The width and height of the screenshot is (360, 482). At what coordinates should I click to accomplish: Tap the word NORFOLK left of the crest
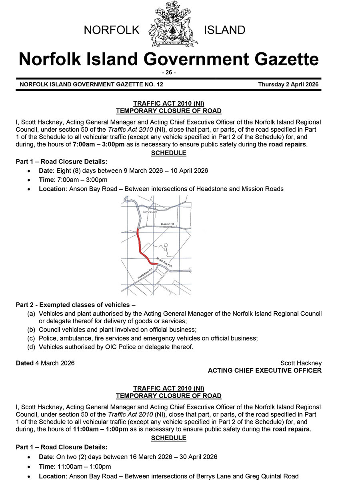pyautogui.click(x=111, y=30)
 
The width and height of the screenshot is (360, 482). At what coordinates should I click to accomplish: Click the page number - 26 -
pyautogui.click(x=168, y=72)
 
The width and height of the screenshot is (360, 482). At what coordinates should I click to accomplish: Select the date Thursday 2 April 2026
pyautogui.click(x=288, y=84)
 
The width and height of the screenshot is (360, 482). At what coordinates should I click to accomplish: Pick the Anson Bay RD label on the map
pyautogui.click(x=164, y=262)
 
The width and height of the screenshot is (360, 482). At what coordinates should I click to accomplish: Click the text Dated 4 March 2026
pyautogui.click(x=45, y=363)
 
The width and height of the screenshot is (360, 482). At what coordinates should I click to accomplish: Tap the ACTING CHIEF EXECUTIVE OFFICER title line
pyautogui.click(x=264, y=371)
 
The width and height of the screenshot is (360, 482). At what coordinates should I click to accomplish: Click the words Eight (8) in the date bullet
pyautogui.click(x=69, y=170)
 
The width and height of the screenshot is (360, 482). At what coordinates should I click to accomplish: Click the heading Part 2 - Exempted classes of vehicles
pyautogui.click(x=76, y=305)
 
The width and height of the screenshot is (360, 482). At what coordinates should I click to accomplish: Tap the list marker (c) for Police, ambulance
pyautogui.click(x=31, y=338)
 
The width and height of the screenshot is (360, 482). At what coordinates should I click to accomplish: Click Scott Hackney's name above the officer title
pyautogui.click(x=301, y=363)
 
